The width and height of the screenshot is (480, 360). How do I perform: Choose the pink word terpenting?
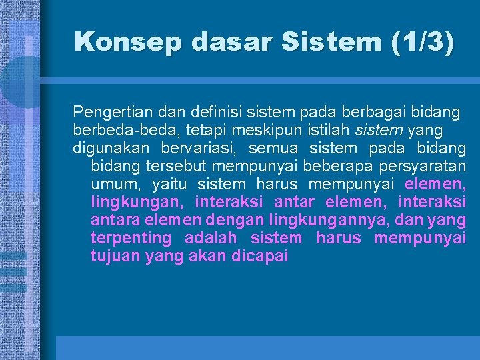[131, 237]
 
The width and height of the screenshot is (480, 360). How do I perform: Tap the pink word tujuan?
[115, 256]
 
